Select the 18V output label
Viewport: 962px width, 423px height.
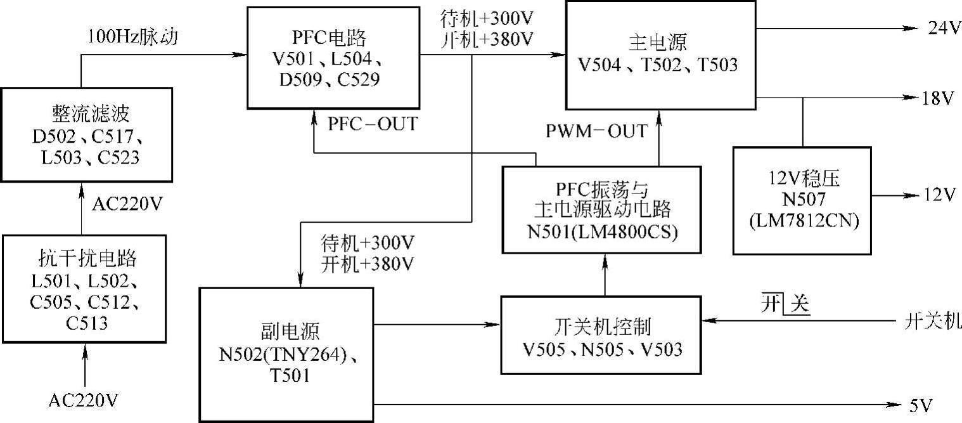pyautogui.click(x=939, y=98)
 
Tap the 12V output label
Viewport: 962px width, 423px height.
pyautogui.click(x=939, y=193)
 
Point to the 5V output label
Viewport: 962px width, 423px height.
pyautogui.click(x=923, y=403)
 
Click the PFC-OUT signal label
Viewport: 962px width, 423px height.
pyautogui.click(x=373, y=124)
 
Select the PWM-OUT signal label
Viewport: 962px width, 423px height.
pyautogui.click(x=598, y=131)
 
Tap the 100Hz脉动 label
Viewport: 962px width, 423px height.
pyautogui.click(x=133, y=37)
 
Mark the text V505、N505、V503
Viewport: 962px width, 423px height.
pyautogui.click(x=603, y=349)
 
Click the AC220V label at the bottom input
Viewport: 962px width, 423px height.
pyautogui.click(x=84, y=401)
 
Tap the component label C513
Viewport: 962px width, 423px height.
pyautogui.click(x=87, y=324)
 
